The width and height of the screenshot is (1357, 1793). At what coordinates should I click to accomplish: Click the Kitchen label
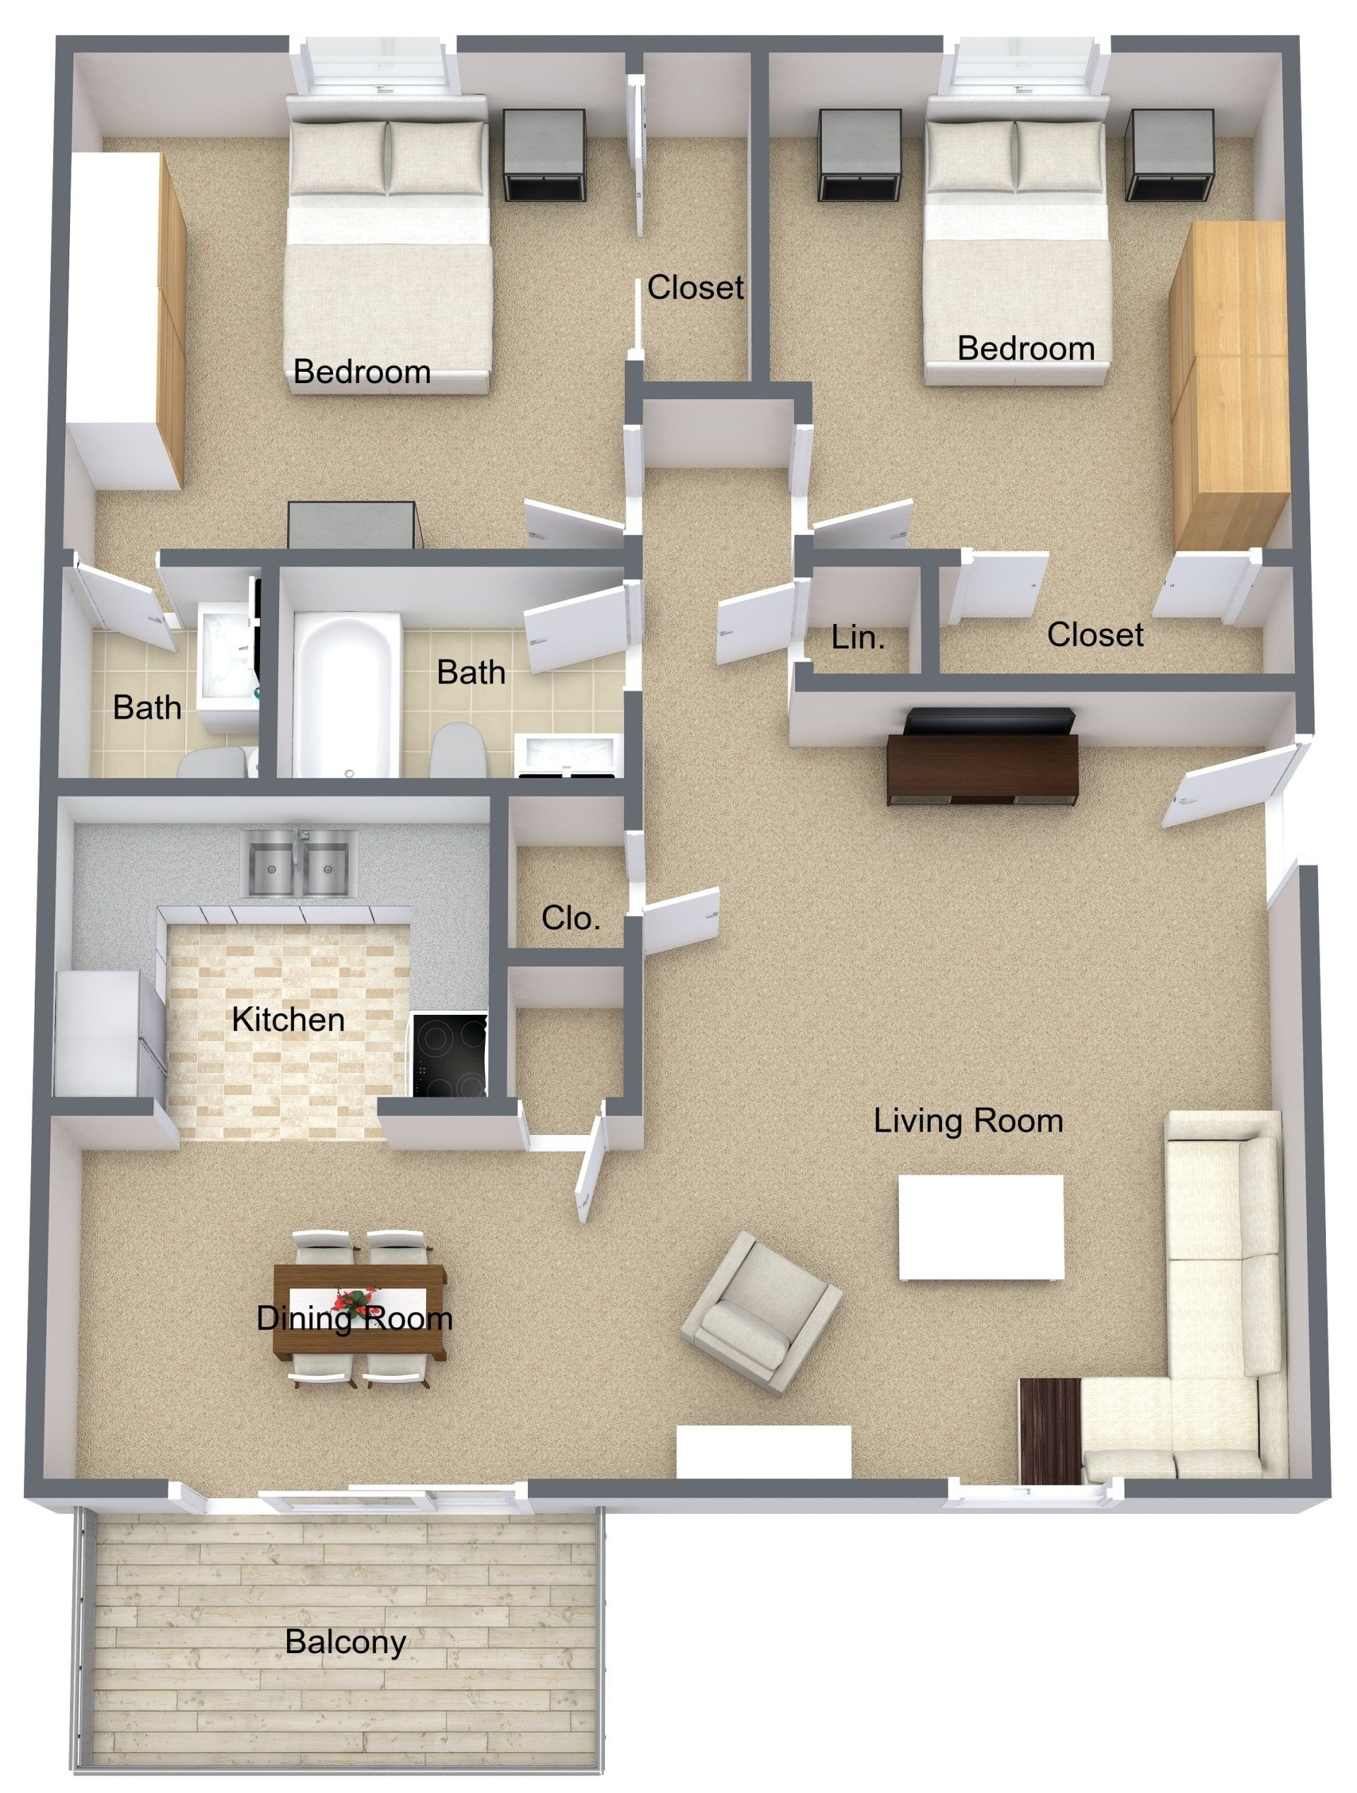coord(288,1019)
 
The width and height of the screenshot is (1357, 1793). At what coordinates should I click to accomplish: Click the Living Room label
coord(968,1121)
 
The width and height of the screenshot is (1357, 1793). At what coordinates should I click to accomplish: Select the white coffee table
coord(980,1226)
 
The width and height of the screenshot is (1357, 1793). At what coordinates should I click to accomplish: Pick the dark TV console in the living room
coord(982,768)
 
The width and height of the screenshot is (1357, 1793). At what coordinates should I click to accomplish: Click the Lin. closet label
coord(857,639)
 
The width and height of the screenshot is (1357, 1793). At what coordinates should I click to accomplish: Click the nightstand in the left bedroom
coord(544,155)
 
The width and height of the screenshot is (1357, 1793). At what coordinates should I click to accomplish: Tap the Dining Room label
coord(354,1319)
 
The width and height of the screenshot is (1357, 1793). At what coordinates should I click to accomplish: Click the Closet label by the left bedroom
coord(695,288)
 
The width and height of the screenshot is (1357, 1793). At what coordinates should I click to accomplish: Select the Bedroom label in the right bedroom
coord(1026,348)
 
